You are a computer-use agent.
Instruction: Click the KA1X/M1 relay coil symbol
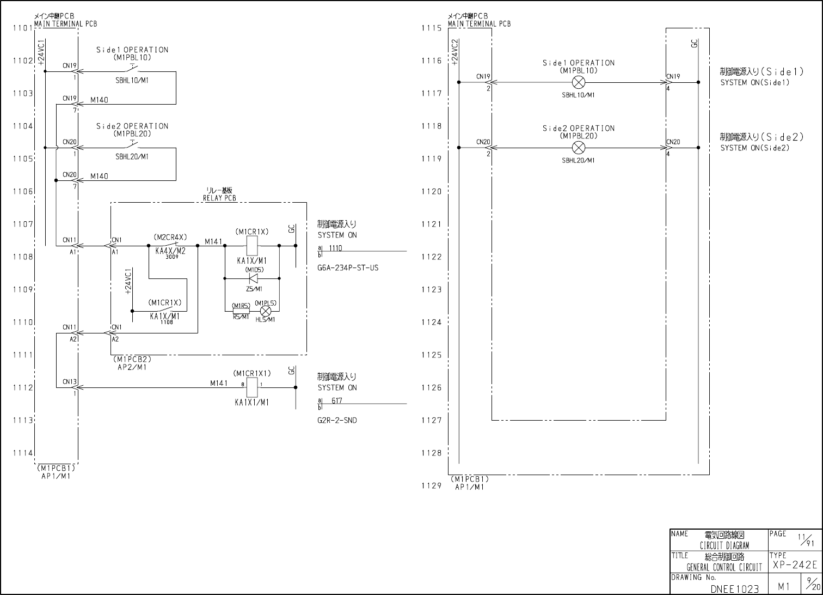252,246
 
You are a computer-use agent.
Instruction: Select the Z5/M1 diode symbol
252,278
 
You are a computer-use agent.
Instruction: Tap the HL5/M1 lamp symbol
266,311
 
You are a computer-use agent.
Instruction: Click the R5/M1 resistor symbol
241,311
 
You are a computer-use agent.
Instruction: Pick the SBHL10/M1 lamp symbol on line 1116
579,83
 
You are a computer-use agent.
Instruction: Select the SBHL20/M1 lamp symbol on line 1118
579,148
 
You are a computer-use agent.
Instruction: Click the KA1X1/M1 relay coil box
252,387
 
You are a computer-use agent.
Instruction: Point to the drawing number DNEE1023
734,588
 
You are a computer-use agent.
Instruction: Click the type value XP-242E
795,565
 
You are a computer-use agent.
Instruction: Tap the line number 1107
23,224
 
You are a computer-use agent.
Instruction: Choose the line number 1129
431,485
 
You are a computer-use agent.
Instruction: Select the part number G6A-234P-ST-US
348,268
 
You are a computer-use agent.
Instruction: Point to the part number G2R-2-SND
337,421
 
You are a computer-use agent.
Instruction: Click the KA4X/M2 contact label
170,251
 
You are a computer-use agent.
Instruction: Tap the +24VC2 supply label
455,52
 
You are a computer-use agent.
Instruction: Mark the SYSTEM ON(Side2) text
754,148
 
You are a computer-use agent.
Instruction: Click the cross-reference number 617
337,401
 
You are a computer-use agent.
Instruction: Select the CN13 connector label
70,382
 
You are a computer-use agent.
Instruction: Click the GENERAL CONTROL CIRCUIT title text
724,567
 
